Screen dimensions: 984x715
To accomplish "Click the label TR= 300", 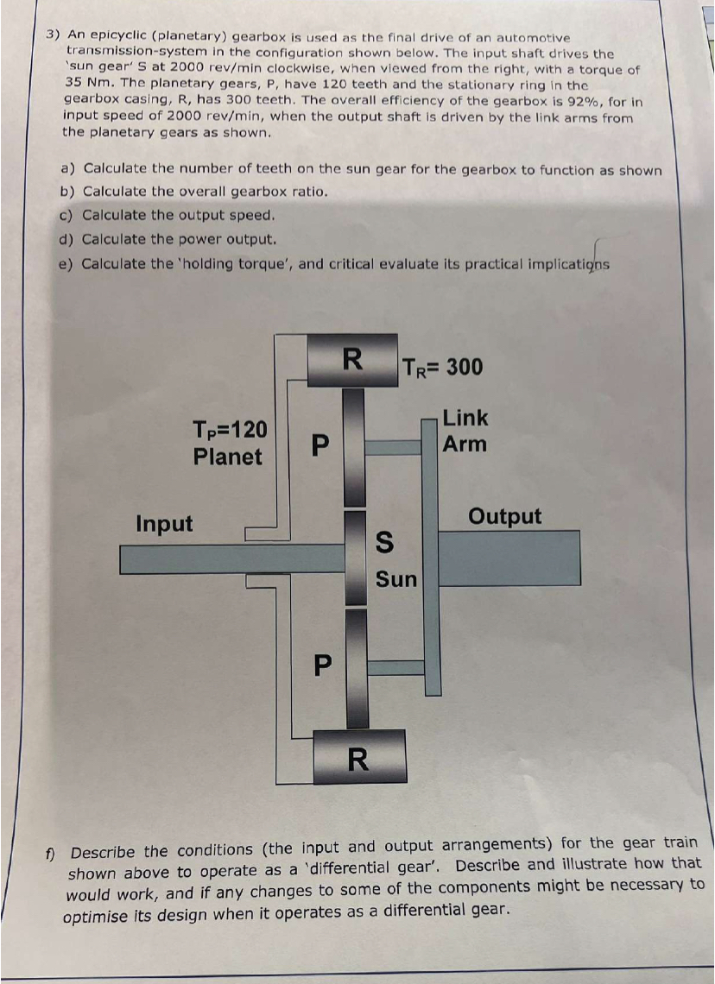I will point(442,367).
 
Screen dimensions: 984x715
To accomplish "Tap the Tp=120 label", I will point(230,429).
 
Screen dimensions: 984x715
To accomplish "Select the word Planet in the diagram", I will point(228,457).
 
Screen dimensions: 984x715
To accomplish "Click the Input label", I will point(165,524).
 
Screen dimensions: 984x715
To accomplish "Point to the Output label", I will point(505,517).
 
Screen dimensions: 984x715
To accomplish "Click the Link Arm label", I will point(465,432).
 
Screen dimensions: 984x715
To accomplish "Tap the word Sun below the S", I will point(396,579).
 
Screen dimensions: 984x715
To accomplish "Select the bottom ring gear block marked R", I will point(359,757).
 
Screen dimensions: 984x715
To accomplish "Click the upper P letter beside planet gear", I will point(320,445).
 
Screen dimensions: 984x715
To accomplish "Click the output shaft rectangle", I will point(509,558).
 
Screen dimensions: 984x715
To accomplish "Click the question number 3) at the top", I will point(54,37).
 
